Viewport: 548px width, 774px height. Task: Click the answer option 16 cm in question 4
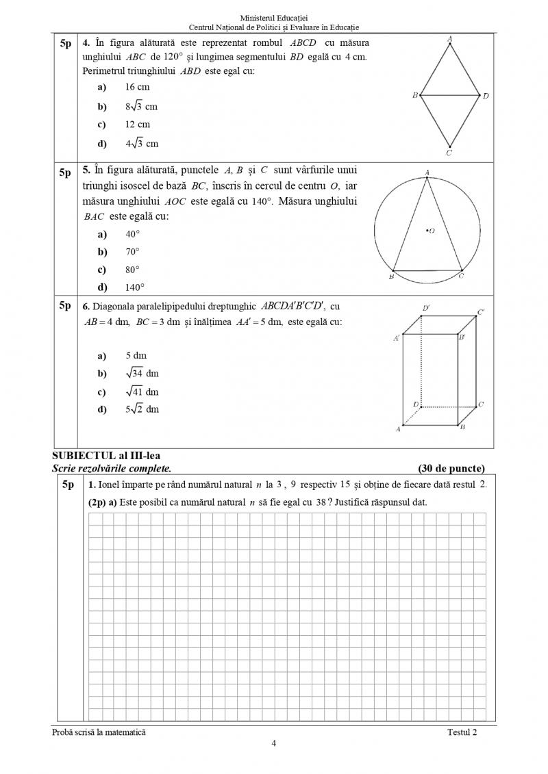point(137,87)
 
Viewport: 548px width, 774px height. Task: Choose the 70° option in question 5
point(132,252)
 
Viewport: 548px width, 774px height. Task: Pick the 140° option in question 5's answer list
point(135,287)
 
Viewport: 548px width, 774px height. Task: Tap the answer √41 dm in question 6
point(142,392)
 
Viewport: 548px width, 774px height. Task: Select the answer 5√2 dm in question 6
point(142,409)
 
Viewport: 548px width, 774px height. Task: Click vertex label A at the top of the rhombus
point(449,40)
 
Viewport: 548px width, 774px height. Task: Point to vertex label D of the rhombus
point(486,96)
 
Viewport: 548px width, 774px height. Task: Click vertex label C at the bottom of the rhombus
point(449,153)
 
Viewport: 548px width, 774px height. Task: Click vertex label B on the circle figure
point(391,277)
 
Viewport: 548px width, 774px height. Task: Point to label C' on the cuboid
point(481,312)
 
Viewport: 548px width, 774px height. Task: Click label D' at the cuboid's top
point(426,309)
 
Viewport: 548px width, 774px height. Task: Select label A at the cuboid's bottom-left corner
point(397,430)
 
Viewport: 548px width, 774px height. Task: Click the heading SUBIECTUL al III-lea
point(106,456)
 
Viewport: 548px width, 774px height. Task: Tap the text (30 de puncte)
point(451,469)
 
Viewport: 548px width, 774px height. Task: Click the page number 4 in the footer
point(274,744)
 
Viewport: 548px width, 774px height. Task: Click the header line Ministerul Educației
point(274,16)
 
